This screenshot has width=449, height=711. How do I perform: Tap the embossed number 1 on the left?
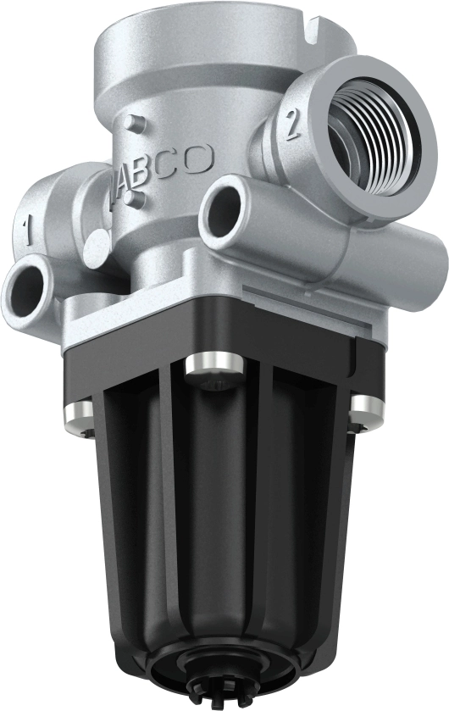tap(27, 227)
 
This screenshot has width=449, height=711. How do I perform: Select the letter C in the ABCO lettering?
tap(176, 162)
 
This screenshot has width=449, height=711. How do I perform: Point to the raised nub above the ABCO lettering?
tap(130, 123)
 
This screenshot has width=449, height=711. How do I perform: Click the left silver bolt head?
tap(77, 413)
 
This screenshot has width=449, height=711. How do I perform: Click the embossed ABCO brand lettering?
tap(165, 164)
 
